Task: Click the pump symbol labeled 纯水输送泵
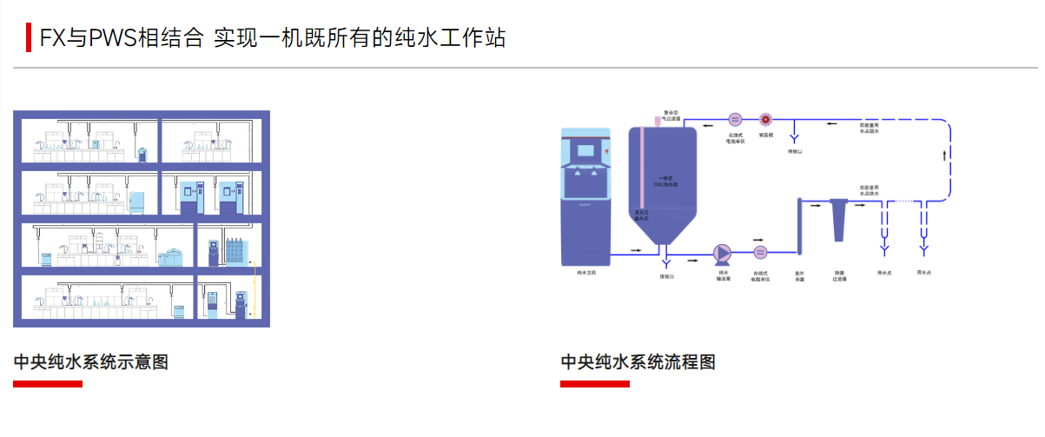click(723, 252)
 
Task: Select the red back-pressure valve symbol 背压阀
click(765, 120)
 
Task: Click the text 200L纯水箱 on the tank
click(666, 183)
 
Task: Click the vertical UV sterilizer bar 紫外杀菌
click(798, 228)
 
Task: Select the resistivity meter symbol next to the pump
click(760, 253)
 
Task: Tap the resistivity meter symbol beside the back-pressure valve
click(735, 120)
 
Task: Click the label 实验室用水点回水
click(870, 129)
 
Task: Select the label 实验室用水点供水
click(870, 190)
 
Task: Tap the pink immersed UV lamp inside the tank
click(640, 174)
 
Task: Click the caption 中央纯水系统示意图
click(90, 362)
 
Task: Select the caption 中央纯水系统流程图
click(638, 362)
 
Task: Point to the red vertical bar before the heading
click(29, 38)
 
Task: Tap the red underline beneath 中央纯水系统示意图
click(48, 384)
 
